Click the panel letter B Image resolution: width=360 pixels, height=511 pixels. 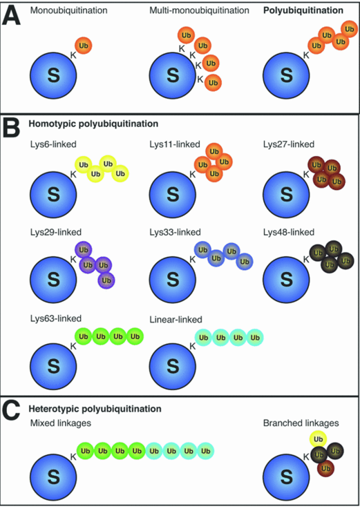pos(12,128)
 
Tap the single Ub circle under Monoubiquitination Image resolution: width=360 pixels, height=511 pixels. pos(82,45)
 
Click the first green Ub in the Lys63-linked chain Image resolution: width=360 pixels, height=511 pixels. pos(84,336)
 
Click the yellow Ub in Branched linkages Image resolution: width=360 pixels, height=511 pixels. pos(318,438)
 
